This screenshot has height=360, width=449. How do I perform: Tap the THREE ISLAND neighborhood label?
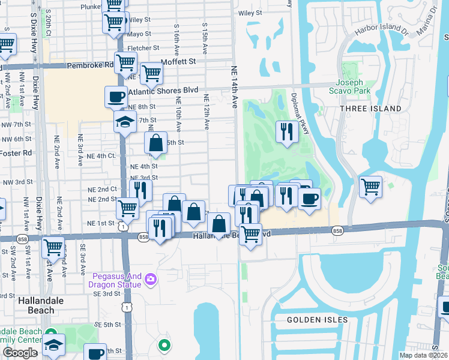pyautogui.click(x=370, y=108)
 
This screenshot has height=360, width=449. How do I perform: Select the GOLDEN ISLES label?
pyautogui.click(x=316, y=320)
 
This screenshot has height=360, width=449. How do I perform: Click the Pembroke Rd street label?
pyautogui.click(x=90, y=64)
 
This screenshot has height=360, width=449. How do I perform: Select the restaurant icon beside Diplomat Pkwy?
pyautogui.click(x=287, y=131)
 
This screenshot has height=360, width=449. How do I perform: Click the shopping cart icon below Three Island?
pyautogui.click(x=370, y=187)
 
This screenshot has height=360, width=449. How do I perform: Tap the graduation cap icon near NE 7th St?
pyautogui.click(x=125, y=122)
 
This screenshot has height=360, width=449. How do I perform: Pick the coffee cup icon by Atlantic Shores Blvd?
pyautogui.click(x=116, y=96)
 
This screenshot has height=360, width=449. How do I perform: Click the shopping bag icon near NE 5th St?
pyautogui.click(x=155, y=143)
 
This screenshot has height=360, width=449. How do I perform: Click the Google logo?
pyautogui.click(x=20, y=353)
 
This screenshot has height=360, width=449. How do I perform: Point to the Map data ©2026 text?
pyautogui.click(x=424, y=355)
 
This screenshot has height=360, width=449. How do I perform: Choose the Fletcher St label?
pyautogui.click(x=143, y=48)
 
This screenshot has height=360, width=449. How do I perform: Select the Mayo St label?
pyautogui.click(x=139, y=34)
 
